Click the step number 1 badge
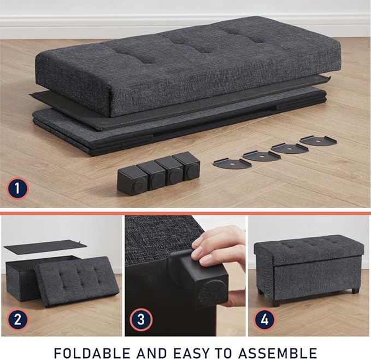(x=18, y=189)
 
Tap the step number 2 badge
(x=18, y=319)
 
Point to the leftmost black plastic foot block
(x=132, y=180)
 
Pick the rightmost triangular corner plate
(x=318, y=140)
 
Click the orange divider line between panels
(x=185, y=212)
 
